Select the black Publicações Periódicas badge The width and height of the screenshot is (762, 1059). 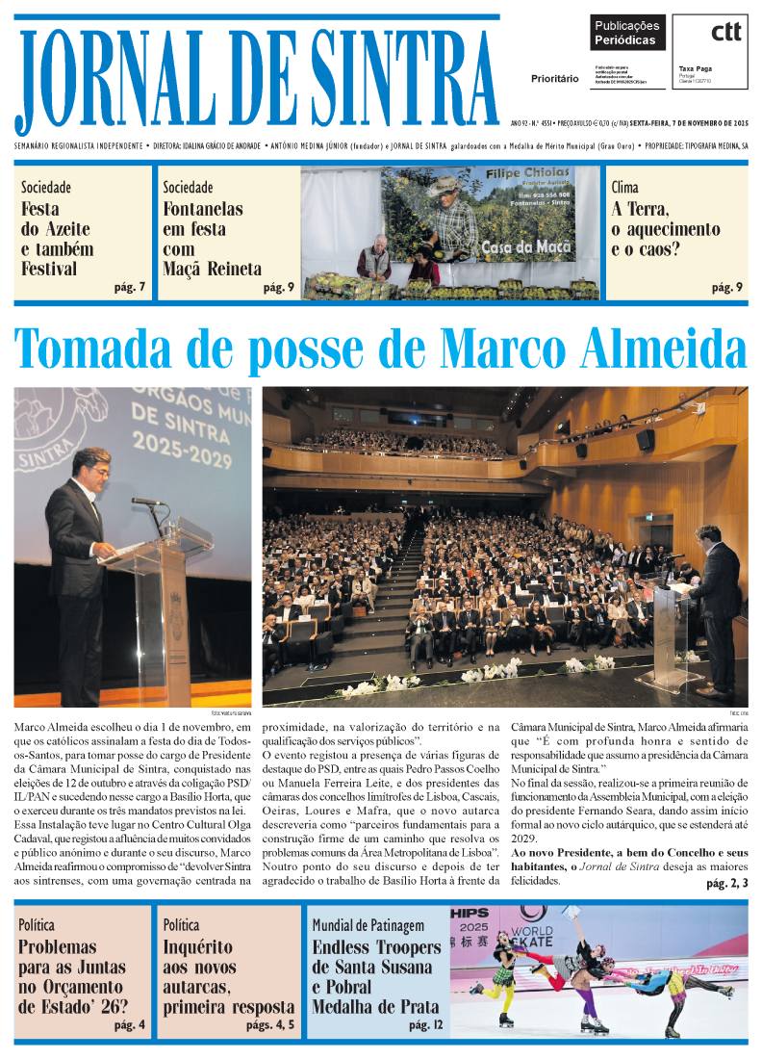(x=626, y=34)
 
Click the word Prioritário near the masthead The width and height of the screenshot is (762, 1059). (x=555, y=78)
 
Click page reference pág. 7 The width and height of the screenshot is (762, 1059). (x=130, y=287)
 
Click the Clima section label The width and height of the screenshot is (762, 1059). (x=624, y=188)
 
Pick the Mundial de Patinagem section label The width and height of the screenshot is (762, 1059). (x=368, y=925)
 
